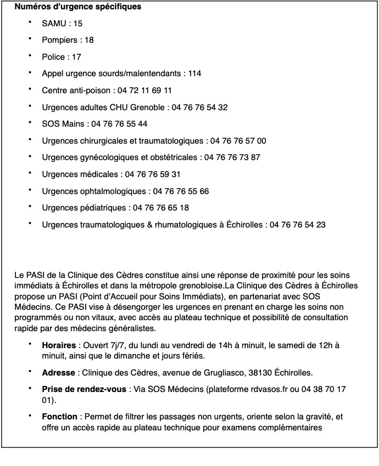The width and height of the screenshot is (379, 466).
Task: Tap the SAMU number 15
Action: (77, 24)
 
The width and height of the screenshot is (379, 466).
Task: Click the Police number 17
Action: (76, 57)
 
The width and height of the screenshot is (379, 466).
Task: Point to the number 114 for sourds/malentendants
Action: (194, 73)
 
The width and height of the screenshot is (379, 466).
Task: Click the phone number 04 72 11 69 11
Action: (145, 90)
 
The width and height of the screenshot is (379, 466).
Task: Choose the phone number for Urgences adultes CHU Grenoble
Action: (199, 107)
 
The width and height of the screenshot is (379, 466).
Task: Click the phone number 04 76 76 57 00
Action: (238, 141)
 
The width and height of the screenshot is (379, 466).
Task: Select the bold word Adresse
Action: (58, 373)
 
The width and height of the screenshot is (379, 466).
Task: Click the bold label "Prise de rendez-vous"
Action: (84, 389)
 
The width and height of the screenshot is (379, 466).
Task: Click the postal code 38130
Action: (266, 373)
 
